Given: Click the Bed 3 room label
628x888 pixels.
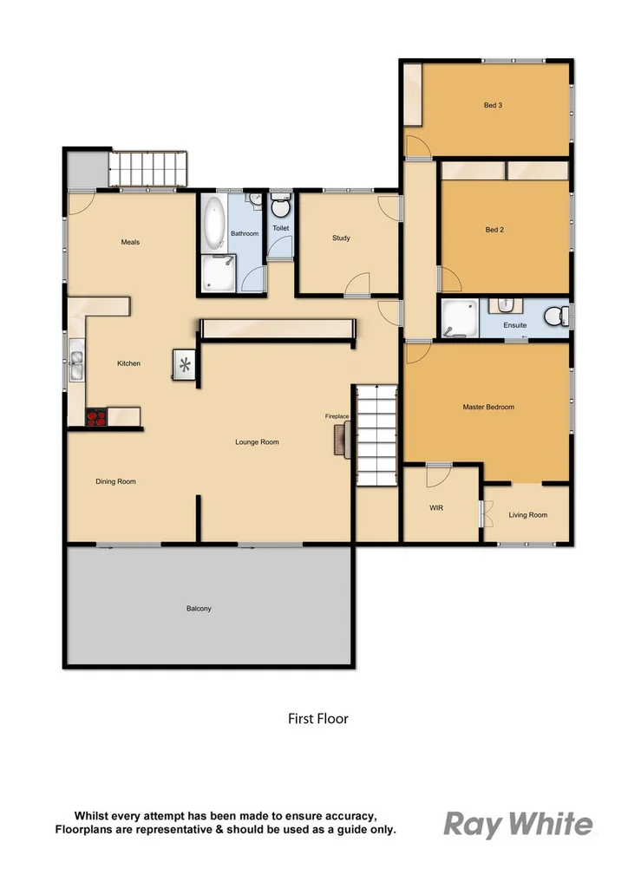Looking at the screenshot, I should click(493, 106).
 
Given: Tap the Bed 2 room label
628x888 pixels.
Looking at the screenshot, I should click(494, 230).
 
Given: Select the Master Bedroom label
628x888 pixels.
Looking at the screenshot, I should click(488, 407).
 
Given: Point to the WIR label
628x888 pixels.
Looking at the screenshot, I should click(436, 508).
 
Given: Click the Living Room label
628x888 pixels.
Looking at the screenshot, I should click(527, 515).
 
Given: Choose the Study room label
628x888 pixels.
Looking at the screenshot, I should click(341, 238).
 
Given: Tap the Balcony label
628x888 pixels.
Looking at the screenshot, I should click(199, 609).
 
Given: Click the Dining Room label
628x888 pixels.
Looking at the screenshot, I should click(115, 481).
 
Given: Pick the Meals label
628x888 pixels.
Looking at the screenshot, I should click(130, 242).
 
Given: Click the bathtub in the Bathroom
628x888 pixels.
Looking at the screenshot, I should click(213, 222).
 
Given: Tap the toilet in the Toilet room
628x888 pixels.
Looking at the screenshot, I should click(280, 208).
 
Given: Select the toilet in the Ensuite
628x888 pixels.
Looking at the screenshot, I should click(556, 316).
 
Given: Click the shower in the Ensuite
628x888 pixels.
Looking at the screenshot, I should click(459, 317).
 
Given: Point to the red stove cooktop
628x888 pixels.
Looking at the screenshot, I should click(96, 417).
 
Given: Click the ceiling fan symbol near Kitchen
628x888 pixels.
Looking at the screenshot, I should click(186, 365).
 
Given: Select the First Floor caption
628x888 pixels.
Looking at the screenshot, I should click(317, 718).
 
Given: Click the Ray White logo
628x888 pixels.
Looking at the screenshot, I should click(518, 824).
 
